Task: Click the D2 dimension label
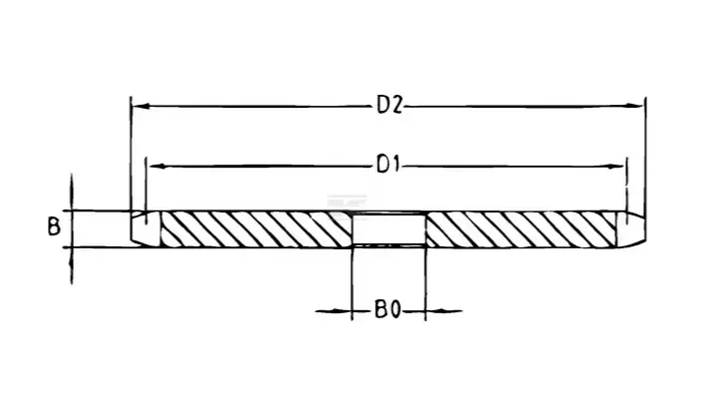(390, 106)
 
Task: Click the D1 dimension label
(388, 165)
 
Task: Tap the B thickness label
(54, 226)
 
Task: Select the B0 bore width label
(388, 310)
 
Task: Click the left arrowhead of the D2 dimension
(142, 106)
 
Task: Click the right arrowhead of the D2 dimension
(634, 106)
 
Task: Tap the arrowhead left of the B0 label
(342, 311)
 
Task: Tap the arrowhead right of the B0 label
(436, 311)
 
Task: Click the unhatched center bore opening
(389, 229)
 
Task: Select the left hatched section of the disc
(256, 229)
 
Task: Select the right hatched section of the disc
(521, 229)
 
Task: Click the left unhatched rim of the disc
(146, 228)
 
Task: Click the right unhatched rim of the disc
(630, 229)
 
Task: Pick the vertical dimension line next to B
(72, 229)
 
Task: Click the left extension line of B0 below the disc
(352, 283)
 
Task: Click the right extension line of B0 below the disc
(426, 283)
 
